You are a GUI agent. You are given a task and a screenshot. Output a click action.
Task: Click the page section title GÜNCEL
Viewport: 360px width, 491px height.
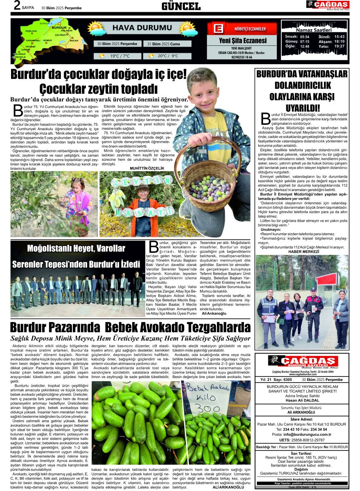click(x=181, y=6)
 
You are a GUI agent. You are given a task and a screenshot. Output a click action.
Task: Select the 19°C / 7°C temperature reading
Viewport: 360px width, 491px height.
click(x=119, y=56)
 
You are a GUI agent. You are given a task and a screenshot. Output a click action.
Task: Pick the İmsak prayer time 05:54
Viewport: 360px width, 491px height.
click(x=304, y=36)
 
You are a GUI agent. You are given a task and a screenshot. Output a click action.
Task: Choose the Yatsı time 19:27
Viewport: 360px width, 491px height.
click(x=339, y=46)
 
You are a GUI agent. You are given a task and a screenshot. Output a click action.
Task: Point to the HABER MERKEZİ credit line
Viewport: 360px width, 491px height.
click(x=301, y=252)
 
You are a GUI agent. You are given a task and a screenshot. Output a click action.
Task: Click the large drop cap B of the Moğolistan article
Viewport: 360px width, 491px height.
click(x=153, y=247)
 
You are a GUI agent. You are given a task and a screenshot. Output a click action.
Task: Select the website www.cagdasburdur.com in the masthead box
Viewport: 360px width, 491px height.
click(x=301, y=374)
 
